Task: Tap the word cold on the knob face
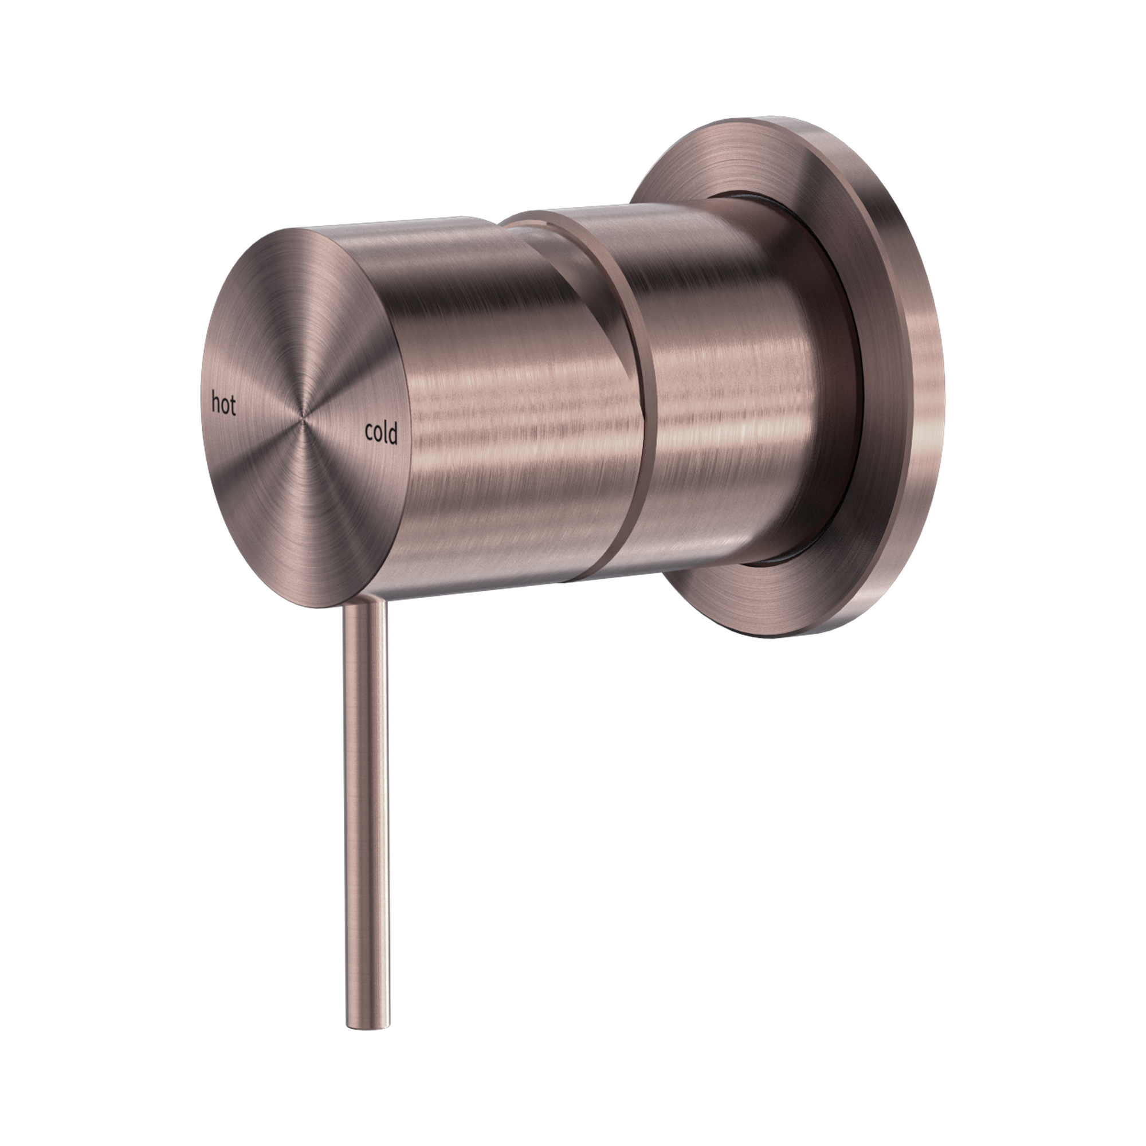pos(381,434)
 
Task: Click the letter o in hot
pos(225,406)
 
